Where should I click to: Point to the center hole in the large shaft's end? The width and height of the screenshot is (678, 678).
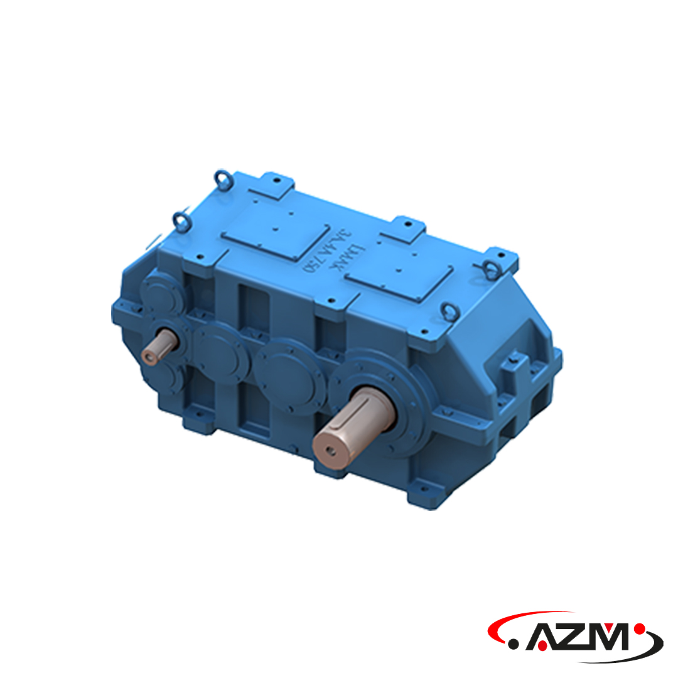[330, 450]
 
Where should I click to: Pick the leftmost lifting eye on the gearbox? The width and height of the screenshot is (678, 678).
[180, 220]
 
